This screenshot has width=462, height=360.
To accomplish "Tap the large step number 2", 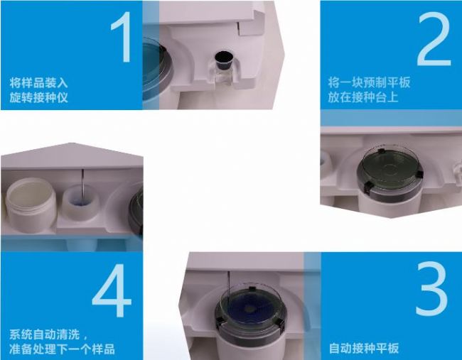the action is coord(434,40).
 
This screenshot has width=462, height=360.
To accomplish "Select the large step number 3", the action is coord(432,288).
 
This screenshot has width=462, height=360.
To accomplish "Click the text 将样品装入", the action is coord(38,82).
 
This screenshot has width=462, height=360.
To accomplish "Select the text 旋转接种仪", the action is coord(38,97).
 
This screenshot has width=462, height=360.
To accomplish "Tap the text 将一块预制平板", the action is coord(369,82).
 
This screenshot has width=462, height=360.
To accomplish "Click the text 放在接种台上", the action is coord(363,97).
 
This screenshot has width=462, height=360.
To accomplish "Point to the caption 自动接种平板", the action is coord(364,348).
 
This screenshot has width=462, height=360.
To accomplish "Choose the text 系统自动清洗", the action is coord(45,334).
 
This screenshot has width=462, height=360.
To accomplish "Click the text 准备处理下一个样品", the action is coord(62,349).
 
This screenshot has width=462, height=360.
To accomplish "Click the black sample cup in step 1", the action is coord(223,60).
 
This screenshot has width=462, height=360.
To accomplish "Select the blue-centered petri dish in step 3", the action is coord(250,307).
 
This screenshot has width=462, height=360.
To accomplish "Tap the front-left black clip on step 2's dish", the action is coord(368,188).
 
